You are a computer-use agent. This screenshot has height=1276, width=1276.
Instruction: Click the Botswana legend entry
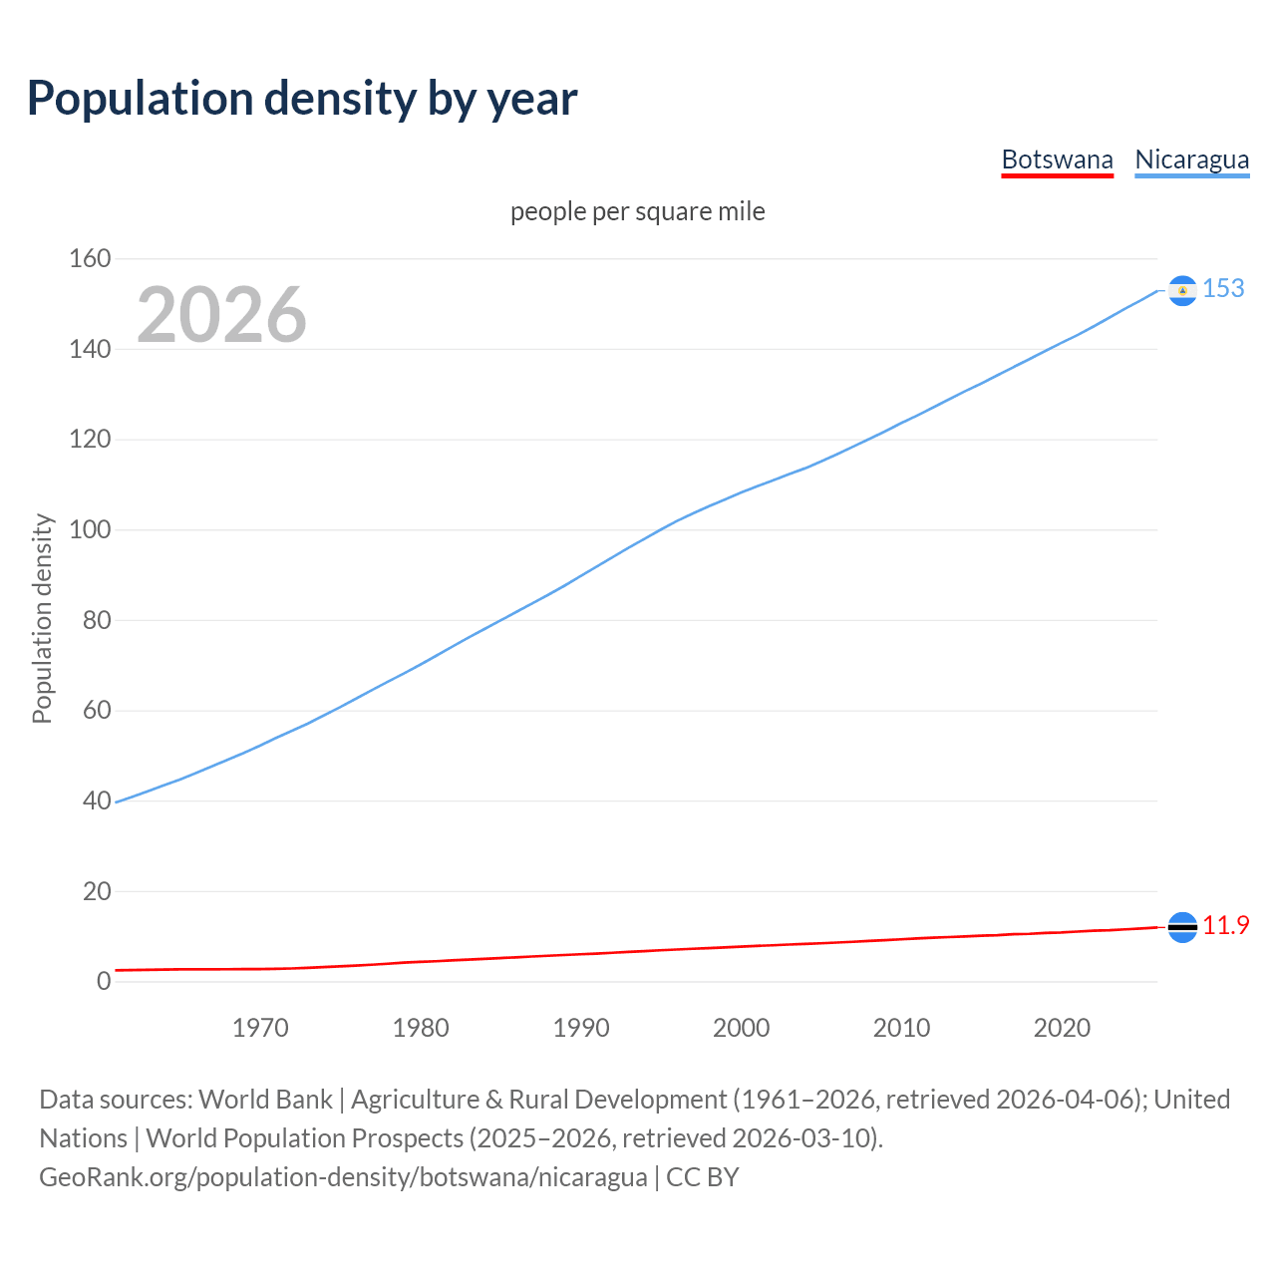coord(1057,159)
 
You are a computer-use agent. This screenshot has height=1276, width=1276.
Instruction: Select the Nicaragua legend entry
coord(1191,159)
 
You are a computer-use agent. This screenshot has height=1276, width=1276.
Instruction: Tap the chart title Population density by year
coord(302,99)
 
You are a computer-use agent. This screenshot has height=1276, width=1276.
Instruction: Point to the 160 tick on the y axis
coord(90,259)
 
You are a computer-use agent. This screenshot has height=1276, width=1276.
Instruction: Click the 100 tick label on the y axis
coord(90,529)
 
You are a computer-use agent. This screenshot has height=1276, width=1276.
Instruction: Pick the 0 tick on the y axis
coord(104,981)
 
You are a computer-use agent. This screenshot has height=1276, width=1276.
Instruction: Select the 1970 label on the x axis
coord(260,1028)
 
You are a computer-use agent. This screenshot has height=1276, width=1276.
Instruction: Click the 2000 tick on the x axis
coord(741,1028)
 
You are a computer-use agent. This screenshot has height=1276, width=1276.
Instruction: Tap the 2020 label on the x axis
coord(1062,1028)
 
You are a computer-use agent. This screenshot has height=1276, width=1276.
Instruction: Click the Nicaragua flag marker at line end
coord(1182,290)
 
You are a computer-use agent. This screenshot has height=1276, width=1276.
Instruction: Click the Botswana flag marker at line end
coord(1182,927)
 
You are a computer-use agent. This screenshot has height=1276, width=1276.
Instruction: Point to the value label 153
coord(1223,288)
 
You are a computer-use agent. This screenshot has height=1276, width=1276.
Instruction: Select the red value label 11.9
coord(1225,926)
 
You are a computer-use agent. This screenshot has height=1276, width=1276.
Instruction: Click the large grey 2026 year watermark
coord(221,315)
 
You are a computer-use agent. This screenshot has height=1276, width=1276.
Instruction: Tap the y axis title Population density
coord(42,618)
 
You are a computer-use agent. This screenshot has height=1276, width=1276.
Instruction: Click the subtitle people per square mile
coord(638,212)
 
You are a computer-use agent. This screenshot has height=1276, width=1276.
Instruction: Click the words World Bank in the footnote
coord(265,1100)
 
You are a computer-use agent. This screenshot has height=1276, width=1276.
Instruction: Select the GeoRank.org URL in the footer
coord(343,1177)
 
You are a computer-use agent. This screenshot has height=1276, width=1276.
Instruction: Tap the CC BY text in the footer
coord(703,1177)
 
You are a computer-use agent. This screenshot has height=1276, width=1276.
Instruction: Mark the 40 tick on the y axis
coord(97,800)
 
